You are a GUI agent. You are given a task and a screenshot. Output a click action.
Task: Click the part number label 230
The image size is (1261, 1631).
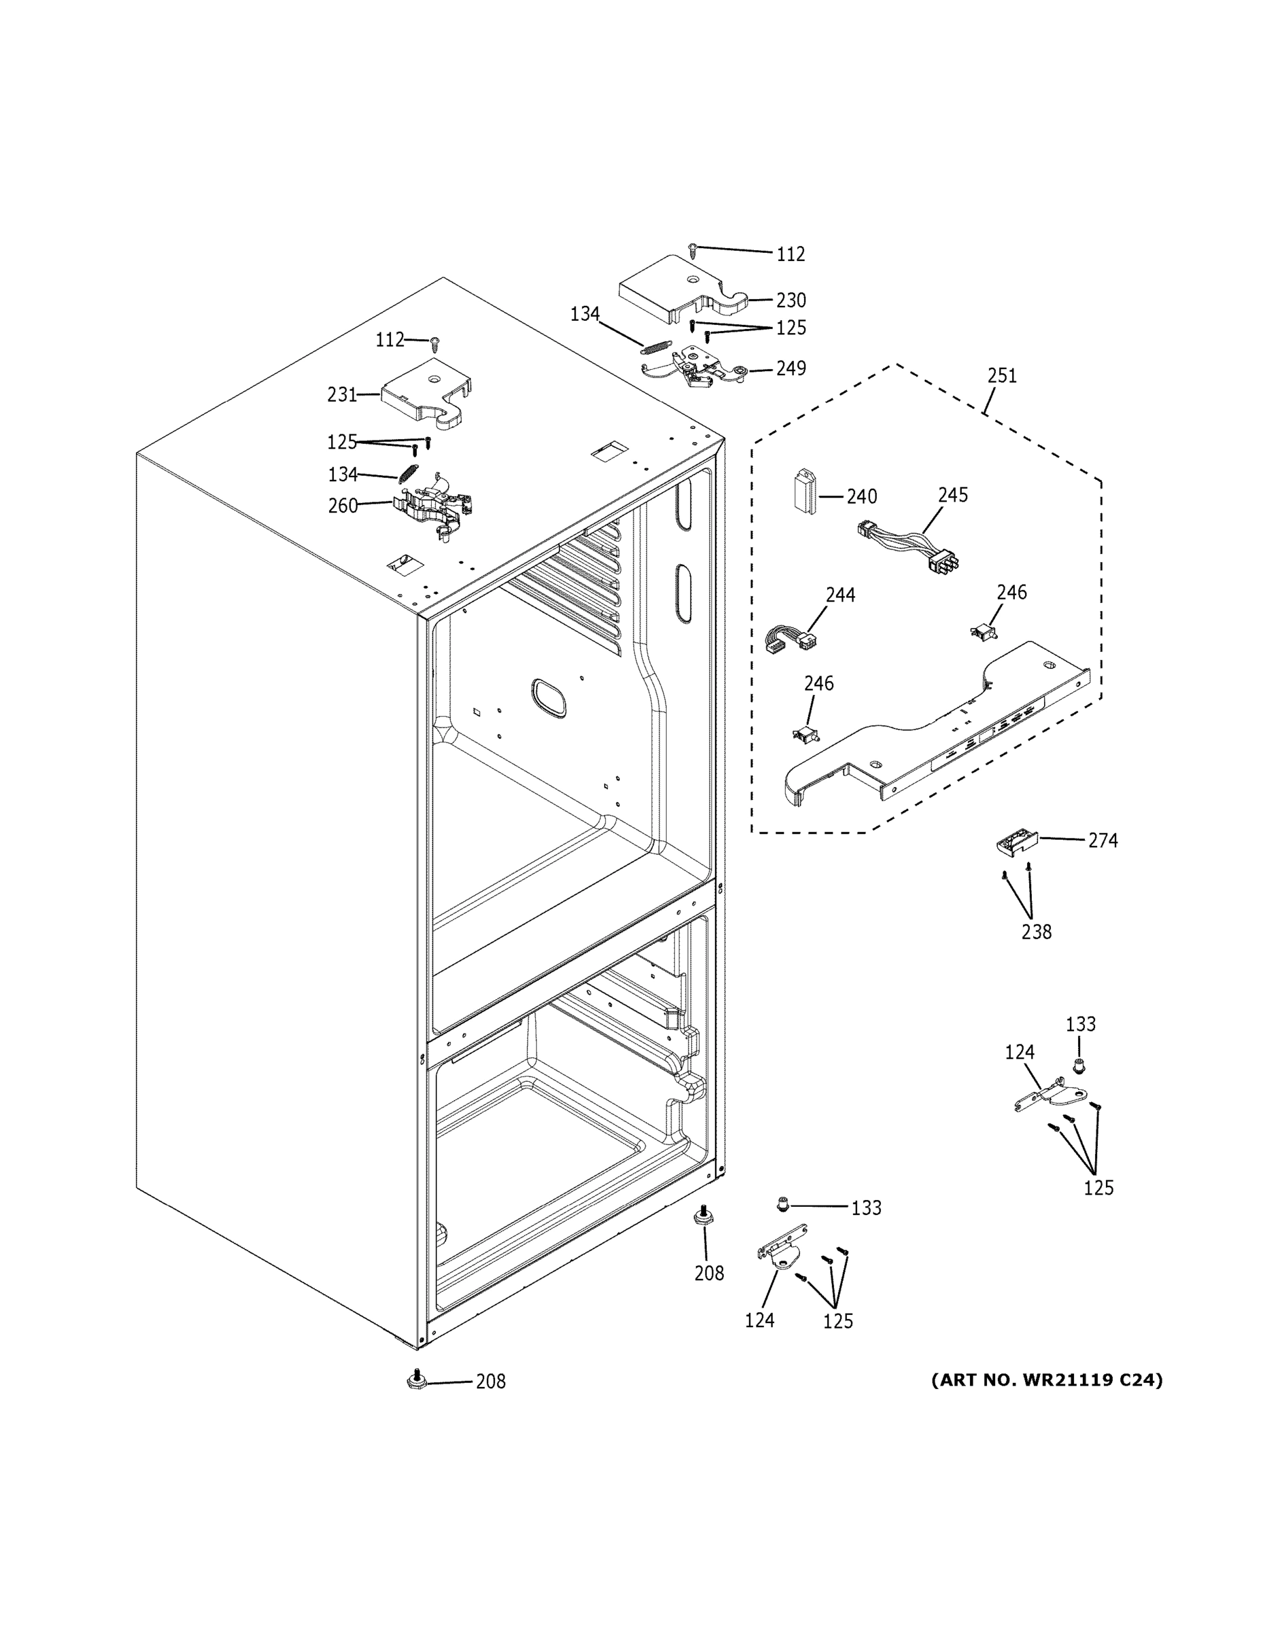click(791, 300)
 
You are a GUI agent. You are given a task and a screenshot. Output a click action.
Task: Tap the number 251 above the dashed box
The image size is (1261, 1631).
click(1002, 376)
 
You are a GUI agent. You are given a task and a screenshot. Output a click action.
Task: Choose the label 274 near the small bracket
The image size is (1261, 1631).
click(1102, 841)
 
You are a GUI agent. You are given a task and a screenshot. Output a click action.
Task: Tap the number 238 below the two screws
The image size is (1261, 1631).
click(1036, 932)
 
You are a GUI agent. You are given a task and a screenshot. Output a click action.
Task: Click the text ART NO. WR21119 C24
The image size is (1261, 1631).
click(1047, 1380)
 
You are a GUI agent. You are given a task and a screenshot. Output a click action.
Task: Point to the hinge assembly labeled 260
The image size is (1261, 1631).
click(434, 504)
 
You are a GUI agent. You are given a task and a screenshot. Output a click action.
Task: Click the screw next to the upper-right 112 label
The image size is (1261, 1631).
click(693, 249)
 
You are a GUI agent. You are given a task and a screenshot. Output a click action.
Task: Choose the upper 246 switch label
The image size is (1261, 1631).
click(1012, 592)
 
